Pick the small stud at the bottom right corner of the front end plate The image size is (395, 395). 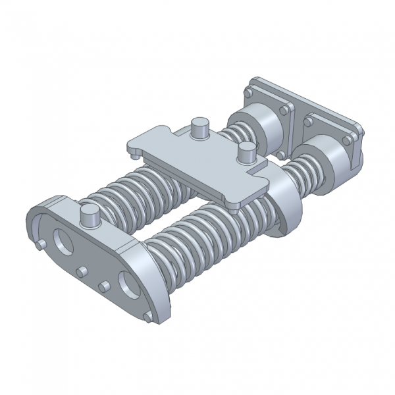point(145,318)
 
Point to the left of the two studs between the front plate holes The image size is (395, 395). point(82,271)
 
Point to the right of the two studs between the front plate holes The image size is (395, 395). point(103,285)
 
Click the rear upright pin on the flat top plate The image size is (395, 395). point(198,127)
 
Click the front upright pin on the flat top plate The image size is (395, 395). point(246,153)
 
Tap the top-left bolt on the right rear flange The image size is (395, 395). point(308,119)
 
